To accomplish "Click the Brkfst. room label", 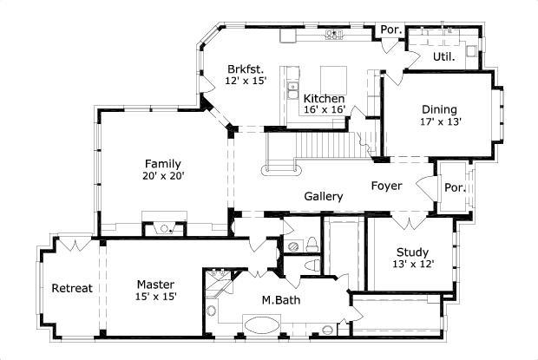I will [x=246, y=69].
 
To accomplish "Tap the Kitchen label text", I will [x=324, y=99].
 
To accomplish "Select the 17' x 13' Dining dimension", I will [x=441, y=121].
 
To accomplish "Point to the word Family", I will [x=163, y=163].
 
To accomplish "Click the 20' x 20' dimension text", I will [x=163, y=175].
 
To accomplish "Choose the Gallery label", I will [x=323, y=196].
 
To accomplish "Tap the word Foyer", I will [x=386, y=185].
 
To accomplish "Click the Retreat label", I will [x=71, y=288].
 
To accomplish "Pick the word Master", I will [x=156, y=284].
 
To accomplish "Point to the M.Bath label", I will [x=281, y=300].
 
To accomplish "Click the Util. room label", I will [x=443, y=56].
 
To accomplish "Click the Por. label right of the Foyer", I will [x=454, y=188].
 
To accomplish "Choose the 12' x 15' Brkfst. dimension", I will [x=246, y=81].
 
